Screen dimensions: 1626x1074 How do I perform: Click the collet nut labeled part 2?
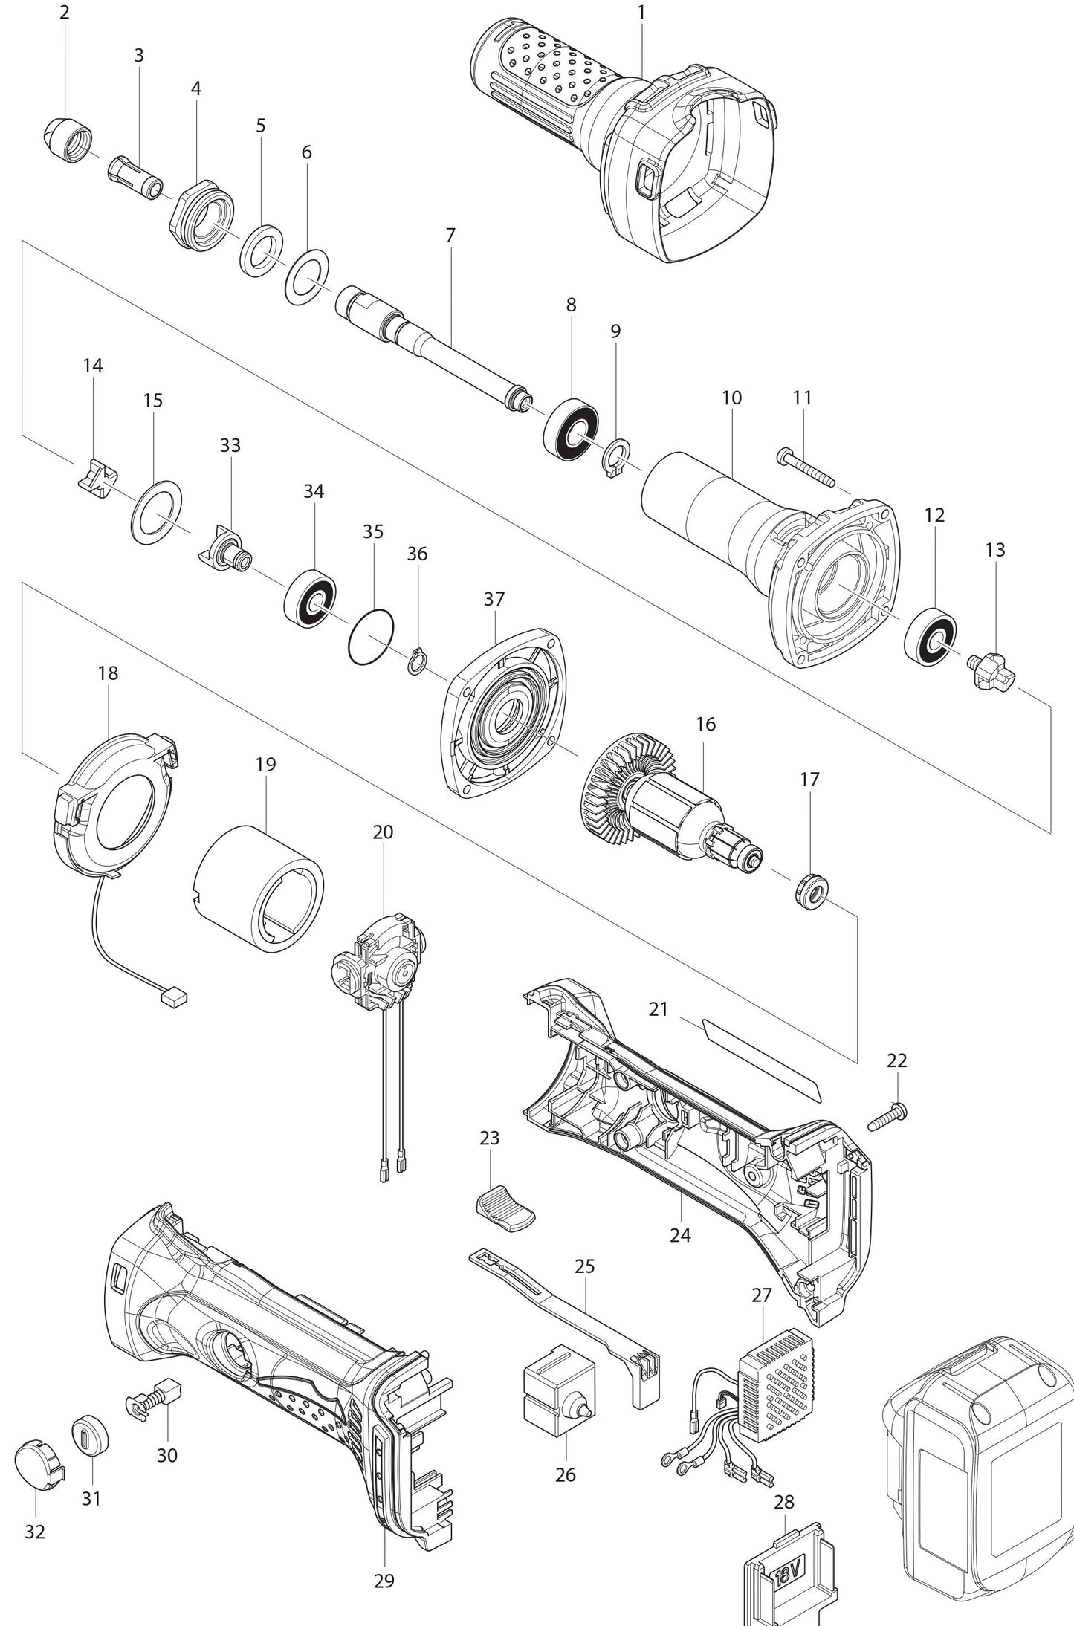click(66, 136)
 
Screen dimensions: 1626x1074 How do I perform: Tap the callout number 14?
click(93, 366)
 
